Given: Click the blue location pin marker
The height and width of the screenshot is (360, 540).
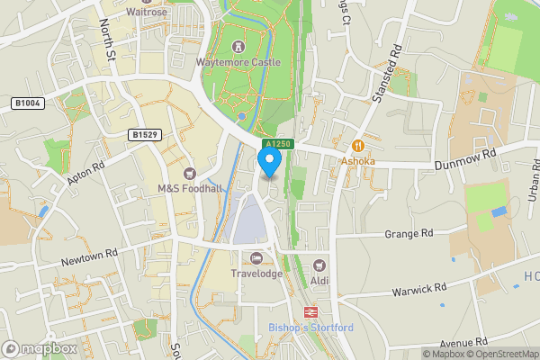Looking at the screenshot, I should point(269,160).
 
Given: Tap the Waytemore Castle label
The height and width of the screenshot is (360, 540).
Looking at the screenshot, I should point(238,62).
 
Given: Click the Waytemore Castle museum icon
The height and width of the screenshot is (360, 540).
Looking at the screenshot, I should point(238,46).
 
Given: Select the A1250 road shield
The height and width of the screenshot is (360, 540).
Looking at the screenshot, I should point(278,144).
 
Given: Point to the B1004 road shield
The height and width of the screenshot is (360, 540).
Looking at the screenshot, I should point(26,104).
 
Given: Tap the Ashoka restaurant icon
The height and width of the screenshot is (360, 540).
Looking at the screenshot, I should point(357,146).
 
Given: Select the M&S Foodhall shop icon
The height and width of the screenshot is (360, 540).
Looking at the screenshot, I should point(189,173).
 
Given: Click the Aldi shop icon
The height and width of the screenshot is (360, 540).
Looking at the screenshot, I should point(319,266).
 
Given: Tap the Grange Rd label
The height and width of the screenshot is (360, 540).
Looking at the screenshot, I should point(409,233).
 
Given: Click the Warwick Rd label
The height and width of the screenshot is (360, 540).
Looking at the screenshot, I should point(419,291).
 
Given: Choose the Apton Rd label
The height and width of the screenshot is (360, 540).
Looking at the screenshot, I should point(88,174).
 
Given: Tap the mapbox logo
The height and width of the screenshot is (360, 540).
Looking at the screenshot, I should point(40,348).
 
